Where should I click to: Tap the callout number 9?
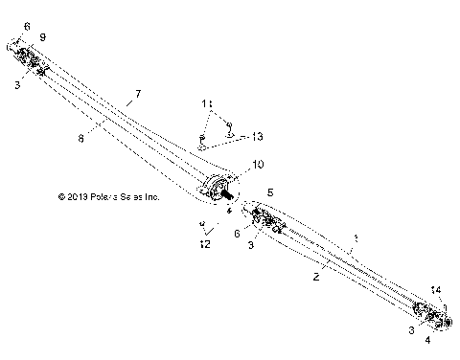(42, 36)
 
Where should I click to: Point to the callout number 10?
(258, 166)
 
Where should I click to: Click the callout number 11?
(206, 101)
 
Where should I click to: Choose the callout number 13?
(256, 136)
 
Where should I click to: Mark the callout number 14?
(437, 288)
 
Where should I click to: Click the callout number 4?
(427, 339)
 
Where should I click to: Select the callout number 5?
(270, 191)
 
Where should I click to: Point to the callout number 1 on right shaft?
(356, 235)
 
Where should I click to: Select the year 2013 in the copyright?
(80, 196)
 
